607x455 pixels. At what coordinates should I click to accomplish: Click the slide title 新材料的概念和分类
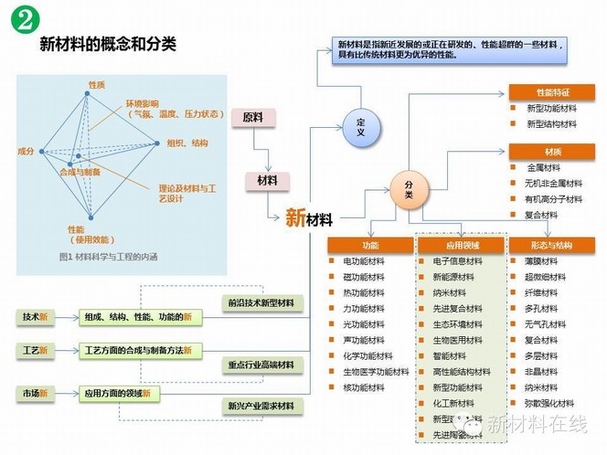click(108, 44)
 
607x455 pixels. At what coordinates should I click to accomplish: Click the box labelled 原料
click(252, 118)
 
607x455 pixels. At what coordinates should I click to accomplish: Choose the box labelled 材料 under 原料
click(266, 179)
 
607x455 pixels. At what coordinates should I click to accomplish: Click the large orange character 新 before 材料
click(294, 218)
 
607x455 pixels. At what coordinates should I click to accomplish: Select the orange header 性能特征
click(551, 92)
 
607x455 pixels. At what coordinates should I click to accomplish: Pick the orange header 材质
click(551, 152)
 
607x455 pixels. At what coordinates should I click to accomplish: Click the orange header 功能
click(369, 245)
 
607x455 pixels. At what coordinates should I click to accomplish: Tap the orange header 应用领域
click(461, 245)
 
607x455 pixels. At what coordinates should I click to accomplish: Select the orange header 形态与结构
click(551, 245)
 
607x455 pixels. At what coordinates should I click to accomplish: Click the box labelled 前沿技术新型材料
click(261, 302)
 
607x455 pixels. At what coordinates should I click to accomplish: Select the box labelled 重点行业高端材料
click(261, 365)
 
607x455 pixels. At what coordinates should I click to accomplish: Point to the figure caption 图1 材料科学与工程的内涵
click(107, 257)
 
